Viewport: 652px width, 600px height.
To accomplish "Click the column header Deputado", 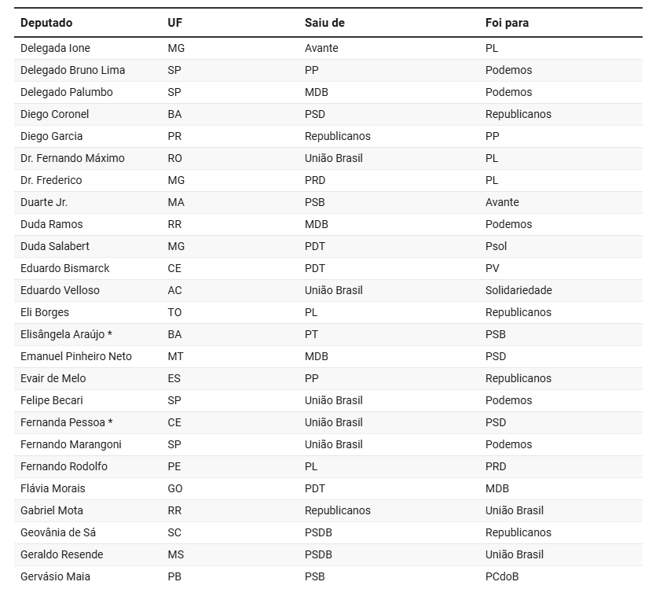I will click(x=46, y=23).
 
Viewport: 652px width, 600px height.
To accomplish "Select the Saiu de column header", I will click(x=324, y=23).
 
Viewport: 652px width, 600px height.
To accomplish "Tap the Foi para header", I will click(x=507, y=23).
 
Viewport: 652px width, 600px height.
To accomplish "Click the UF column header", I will click(x=174, y=23).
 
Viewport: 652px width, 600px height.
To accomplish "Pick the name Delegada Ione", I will click(x=55, y=48).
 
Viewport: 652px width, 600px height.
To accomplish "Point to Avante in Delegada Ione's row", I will click(x=321, y=48).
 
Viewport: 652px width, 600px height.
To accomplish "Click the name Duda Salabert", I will click(x=55, y=246).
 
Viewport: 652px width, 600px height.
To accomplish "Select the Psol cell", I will click(x=496, y=246).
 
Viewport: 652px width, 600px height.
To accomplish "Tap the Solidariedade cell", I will click(x=518, y=290).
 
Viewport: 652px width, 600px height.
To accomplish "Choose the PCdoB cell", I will click(x=502, y=576).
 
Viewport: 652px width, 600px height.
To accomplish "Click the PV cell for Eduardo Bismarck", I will click(x=493, y=268).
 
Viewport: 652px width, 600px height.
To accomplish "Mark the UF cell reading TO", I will click(x=174, y=312).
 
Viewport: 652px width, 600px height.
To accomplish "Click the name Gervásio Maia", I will click(x=55, y=576).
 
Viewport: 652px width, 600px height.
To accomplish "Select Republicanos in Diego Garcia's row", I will click(x=337, y=136).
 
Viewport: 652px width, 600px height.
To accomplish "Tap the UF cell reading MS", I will click(x=175, y=554).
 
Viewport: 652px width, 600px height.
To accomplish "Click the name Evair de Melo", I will click(x=53, y=378).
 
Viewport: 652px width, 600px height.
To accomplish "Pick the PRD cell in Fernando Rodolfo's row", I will click(x=496, y=466).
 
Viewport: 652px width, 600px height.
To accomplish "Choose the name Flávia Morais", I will click(x=53, y=488).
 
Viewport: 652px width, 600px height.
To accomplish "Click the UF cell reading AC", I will click(x=174, y=290).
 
